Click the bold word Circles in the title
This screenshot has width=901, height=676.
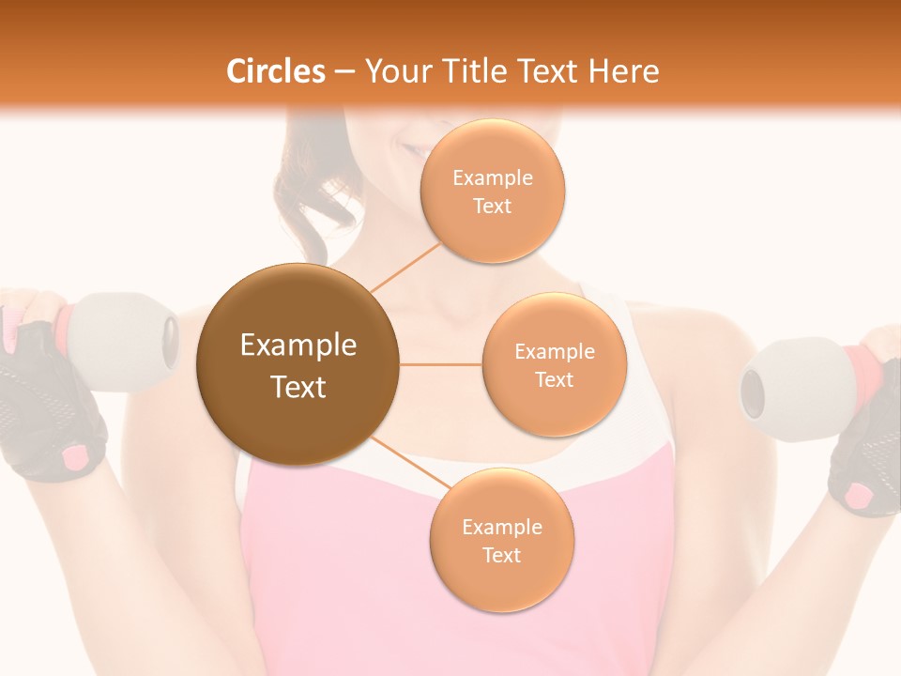click(x=275, y=71)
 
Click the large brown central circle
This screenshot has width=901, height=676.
click(x=298, y=364)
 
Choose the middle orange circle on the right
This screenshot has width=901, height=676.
click(x=554, y=364)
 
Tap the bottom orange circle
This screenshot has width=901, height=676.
click(x=501, y=540)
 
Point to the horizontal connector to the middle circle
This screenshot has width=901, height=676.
click(x=440, y=364)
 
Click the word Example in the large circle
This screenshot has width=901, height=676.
click(x=298, y=346)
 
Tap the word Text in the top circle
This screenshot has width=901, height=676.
click(x=492, y=207)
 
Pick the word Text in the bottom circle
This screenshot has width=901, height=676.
click(x=501, y=556)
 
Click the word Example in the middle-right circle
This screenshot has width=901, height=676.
click(x=554, y=351)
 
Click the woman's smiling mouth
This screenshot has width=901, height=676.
click(x=413, y=148)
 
